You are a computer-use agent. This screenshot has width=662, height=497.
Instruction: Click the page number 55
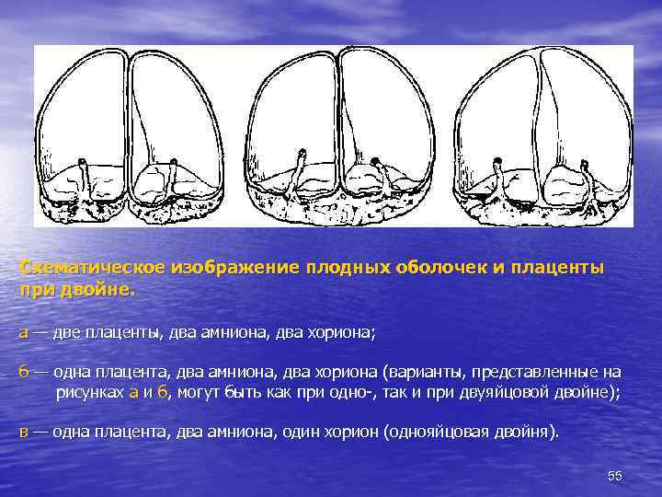615,475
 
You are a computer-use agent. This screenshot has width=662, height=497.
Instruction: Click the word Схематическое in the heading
90,267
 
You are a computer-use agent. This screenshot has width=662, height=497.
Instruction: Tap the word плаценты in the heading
563,267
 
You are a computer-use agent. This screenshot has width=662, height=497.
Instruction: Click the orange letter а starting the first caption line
24,332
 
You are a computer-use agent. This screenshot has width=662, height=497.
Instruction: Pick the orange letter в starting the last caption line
24,432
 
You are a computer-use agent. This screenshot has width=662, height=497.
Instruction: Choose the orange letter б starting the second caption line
24,372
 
